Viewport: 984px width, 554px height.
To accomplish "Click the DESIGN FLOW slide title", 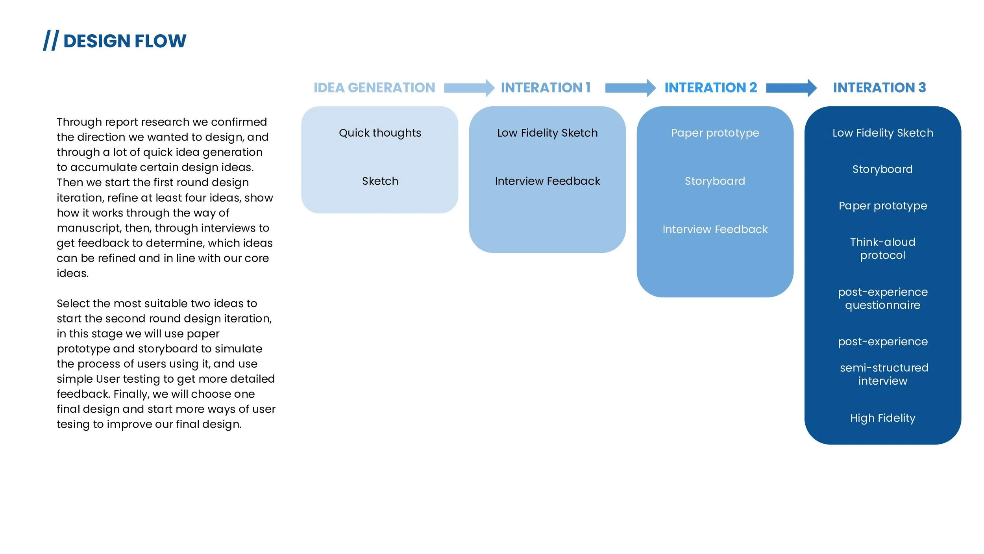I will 124,41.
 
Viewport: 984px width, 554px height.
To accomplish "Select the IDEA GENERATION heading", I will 374,87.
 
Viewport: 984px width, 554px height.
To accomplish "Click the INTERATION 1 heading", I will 546,87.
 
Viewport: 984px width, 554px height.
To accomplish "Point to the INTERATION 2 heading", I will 710,87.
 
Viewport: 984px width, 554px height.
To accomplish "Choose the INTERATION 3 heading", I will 879,87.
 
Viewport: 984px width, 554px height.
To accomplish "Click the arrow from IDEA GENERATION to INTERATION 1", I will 469,88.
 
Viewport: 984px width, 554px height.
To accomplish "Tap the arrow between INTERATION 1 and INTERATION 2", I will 630,88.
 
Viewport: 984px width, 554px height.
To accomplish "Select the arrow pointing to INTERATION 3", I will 791,88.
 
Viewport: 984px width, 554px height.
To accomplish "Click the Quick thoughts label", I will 380,133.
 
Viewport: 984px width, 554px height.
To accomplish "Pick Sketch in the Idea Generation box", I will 380,181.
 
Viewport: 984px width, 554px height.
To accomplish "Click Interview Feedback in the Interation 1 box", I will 547,181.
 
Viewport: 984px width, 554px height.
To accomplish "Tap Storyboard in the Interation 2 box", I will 715,181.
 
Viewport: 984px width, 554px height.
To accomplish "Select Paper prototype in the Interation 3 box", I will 882,206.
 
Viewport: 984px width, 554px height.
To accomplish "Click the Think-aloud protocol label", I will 882,248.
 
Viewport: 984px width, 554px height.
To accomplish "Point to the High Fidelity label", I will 882,418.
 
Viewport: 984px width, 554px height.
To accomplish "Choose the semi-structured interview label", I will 884,374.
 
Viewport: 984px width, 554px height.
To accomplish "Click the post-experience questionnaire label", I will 882,298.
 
